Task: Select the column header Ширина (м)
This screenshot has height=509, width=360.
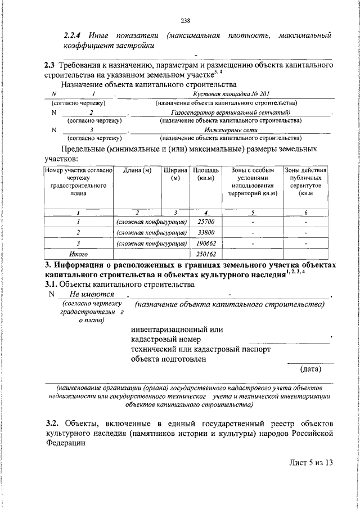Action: pyautogui.click(x=175, y=174)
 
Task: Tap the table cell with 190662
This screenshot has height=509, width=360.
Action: pyautogui.click(x=204, y=244)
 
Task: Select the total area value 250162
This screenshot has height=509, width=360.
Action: pyautogui.click(x=204, y=254)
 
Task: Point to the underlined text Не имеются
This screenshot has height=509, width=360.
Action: pyautogui.click(x=92, y=295)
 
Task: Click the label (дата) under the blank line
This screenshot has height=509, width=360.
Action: pyautogui.click(x=310, y=369)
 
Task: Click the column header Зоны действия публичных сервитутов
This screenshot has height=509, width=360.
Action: pyautogui.click(x=305, y=182)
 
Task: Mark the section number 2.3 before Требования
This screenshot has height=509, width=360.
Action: pyautogui.click(x=49, y=66)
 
